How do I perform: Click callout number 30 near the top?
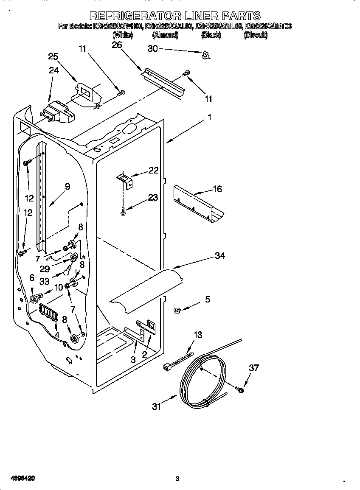(152, 49)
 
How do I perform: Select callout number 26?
(116, 45)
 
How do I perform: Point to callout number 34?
(219, 256)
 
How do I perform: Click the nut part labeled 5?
(177, 311)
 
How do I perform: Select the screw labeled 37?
(240, 389)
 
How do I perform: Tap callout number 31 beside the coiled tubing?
(157, 407)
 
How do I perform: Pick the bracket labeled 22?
(125, 180)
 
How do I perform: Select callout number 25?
(53, 57)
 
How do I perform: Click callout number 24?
(53, 70)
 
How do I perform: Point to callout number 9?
(67, 186)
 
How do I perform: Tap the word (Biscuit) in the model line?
(256, 36)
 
